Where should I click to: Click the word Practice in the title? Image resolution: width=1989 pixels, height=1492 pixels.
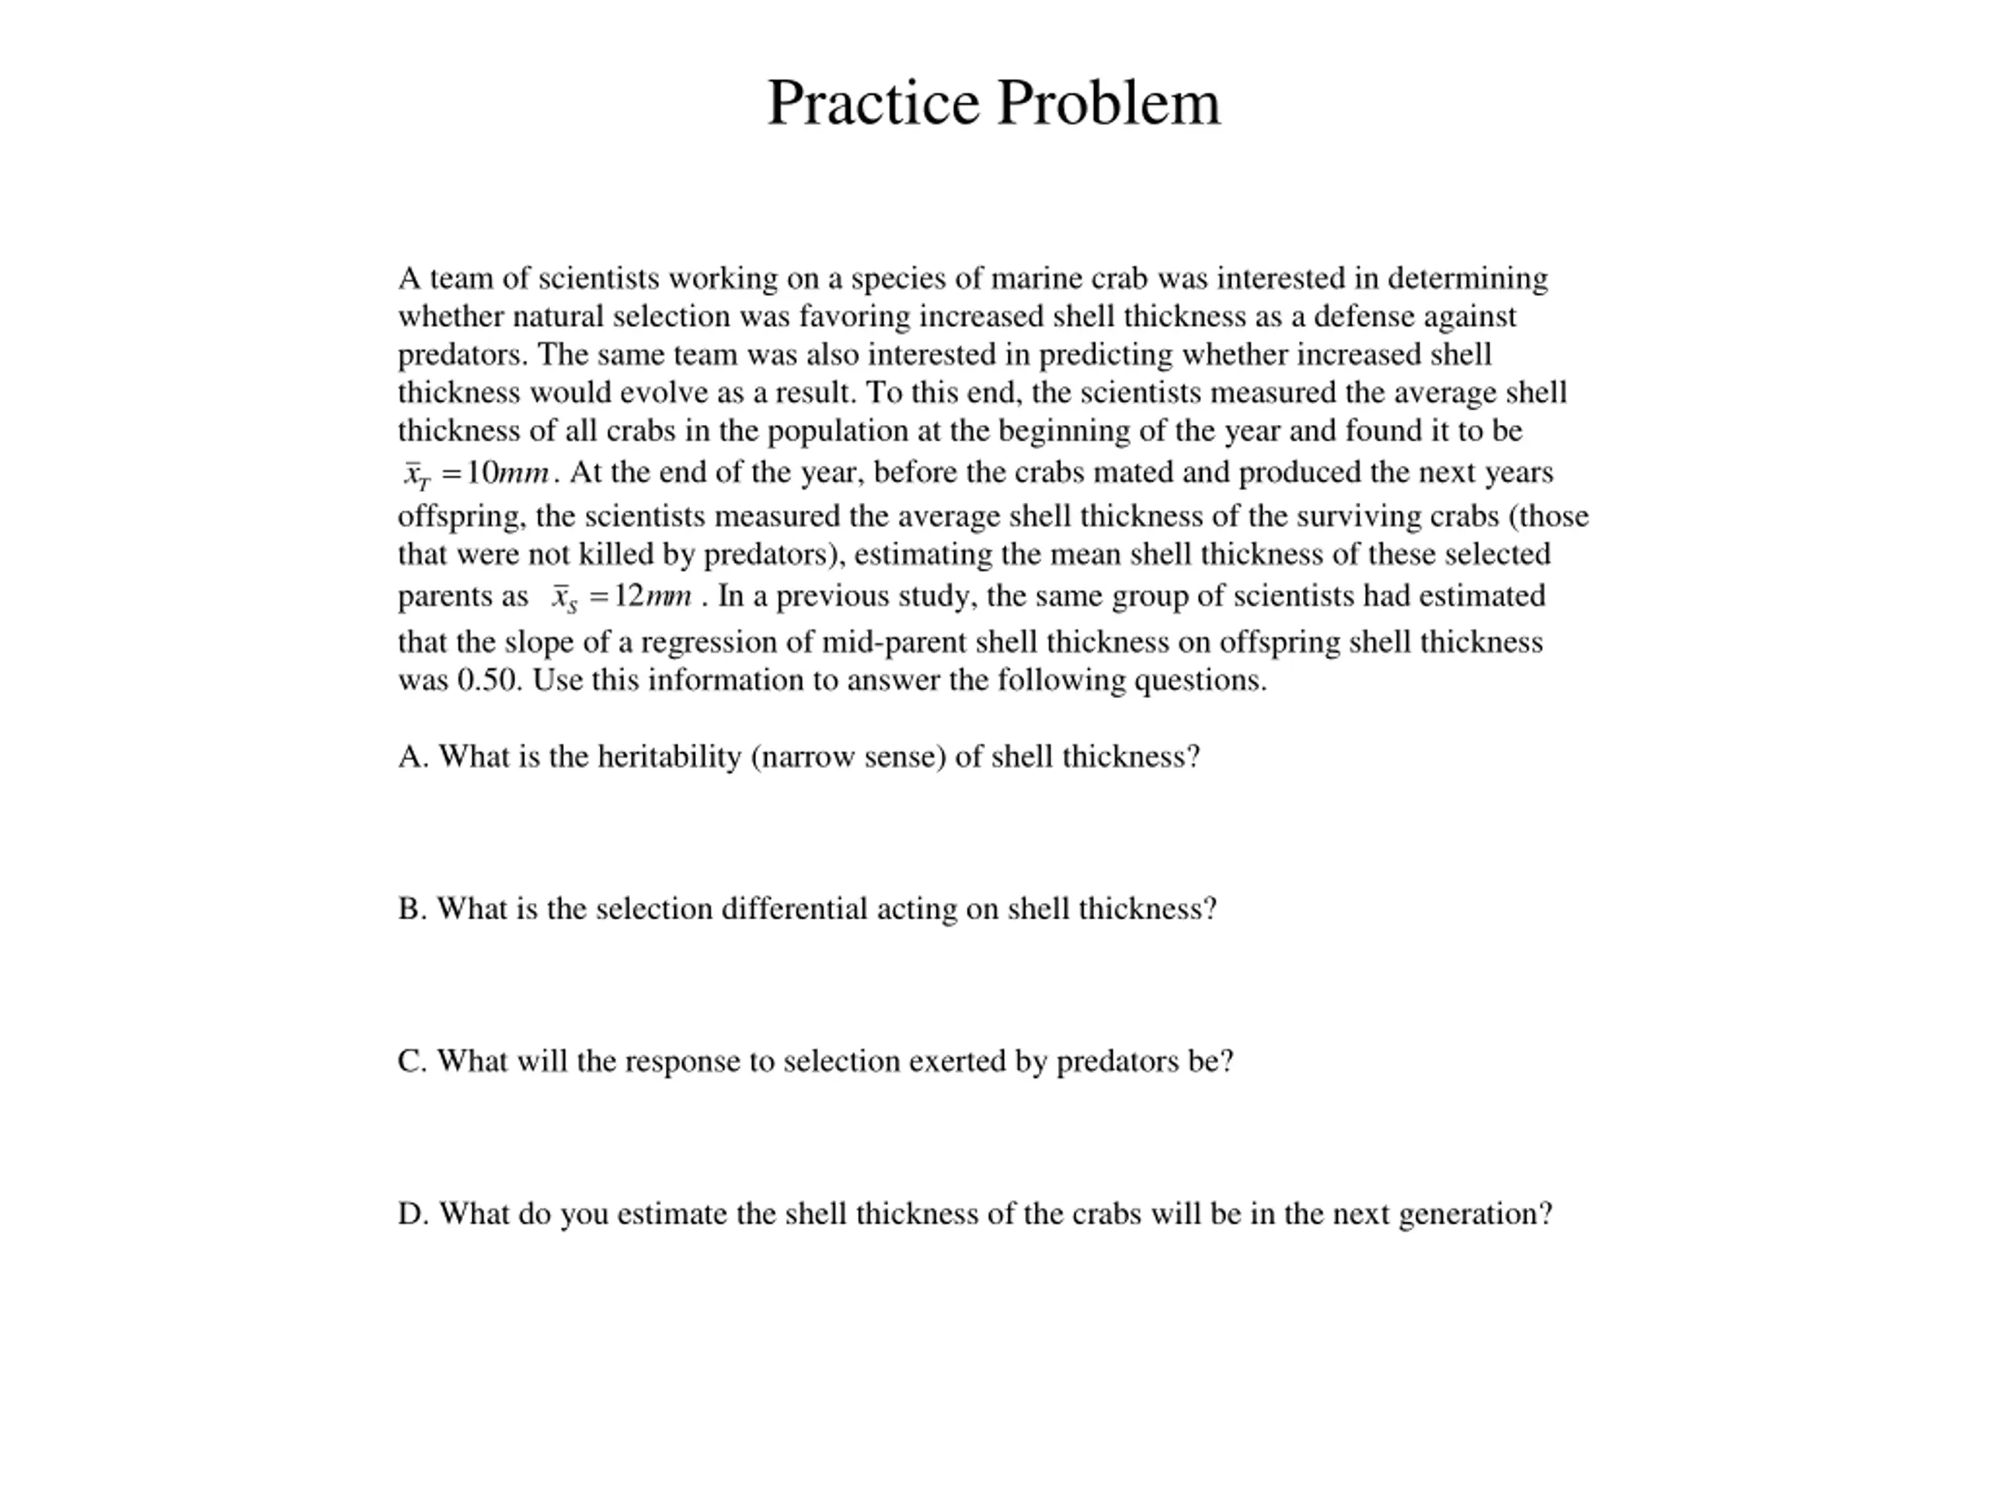tap(873, 103)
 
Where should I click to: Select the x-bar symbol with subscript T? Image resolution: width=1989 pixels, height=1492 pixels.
tap(416, 474)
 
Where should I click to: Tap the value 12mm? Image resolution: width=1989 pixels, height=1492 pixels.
tap(653, 596)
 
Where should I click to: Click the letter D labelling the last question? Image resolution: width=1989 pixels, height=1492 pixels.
tap(411, 1215)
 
